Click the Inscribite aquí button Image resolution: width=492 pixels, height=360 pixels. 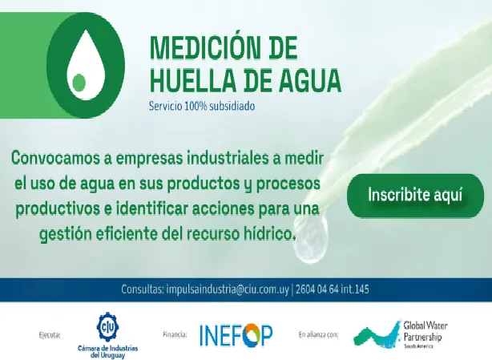(x=414, y=194)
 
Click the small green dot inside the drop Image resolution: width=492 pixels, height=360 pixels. (x=79, y=81)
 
